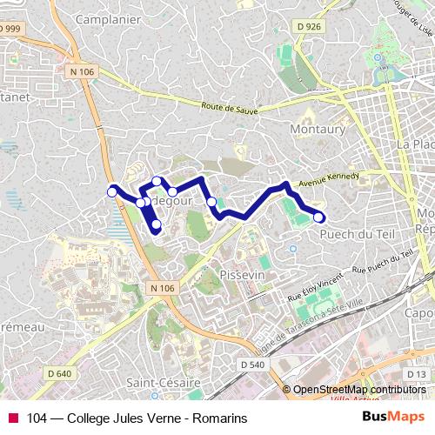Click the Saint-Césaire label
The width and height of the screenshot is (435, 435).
coord(164,382)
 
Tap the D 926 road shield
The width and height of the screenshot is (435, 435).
coord(309,28)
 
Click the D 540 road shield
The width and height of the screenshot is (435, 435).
coord(251,364)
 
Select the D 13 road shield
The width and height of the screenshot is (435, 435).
coord(417,374)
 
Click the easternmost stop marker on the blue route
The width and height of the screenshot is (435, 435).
coord(319,217)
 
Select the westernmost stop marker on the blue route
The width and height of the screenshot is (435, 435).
coord(112,191)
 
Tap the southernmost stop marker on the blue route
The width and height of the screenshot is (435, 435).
coord(157,226)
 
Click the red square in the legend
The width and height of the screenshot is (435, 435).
coord(13,418)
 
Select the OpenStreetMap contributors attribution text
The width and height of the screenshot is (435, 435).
coord(358,390)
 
